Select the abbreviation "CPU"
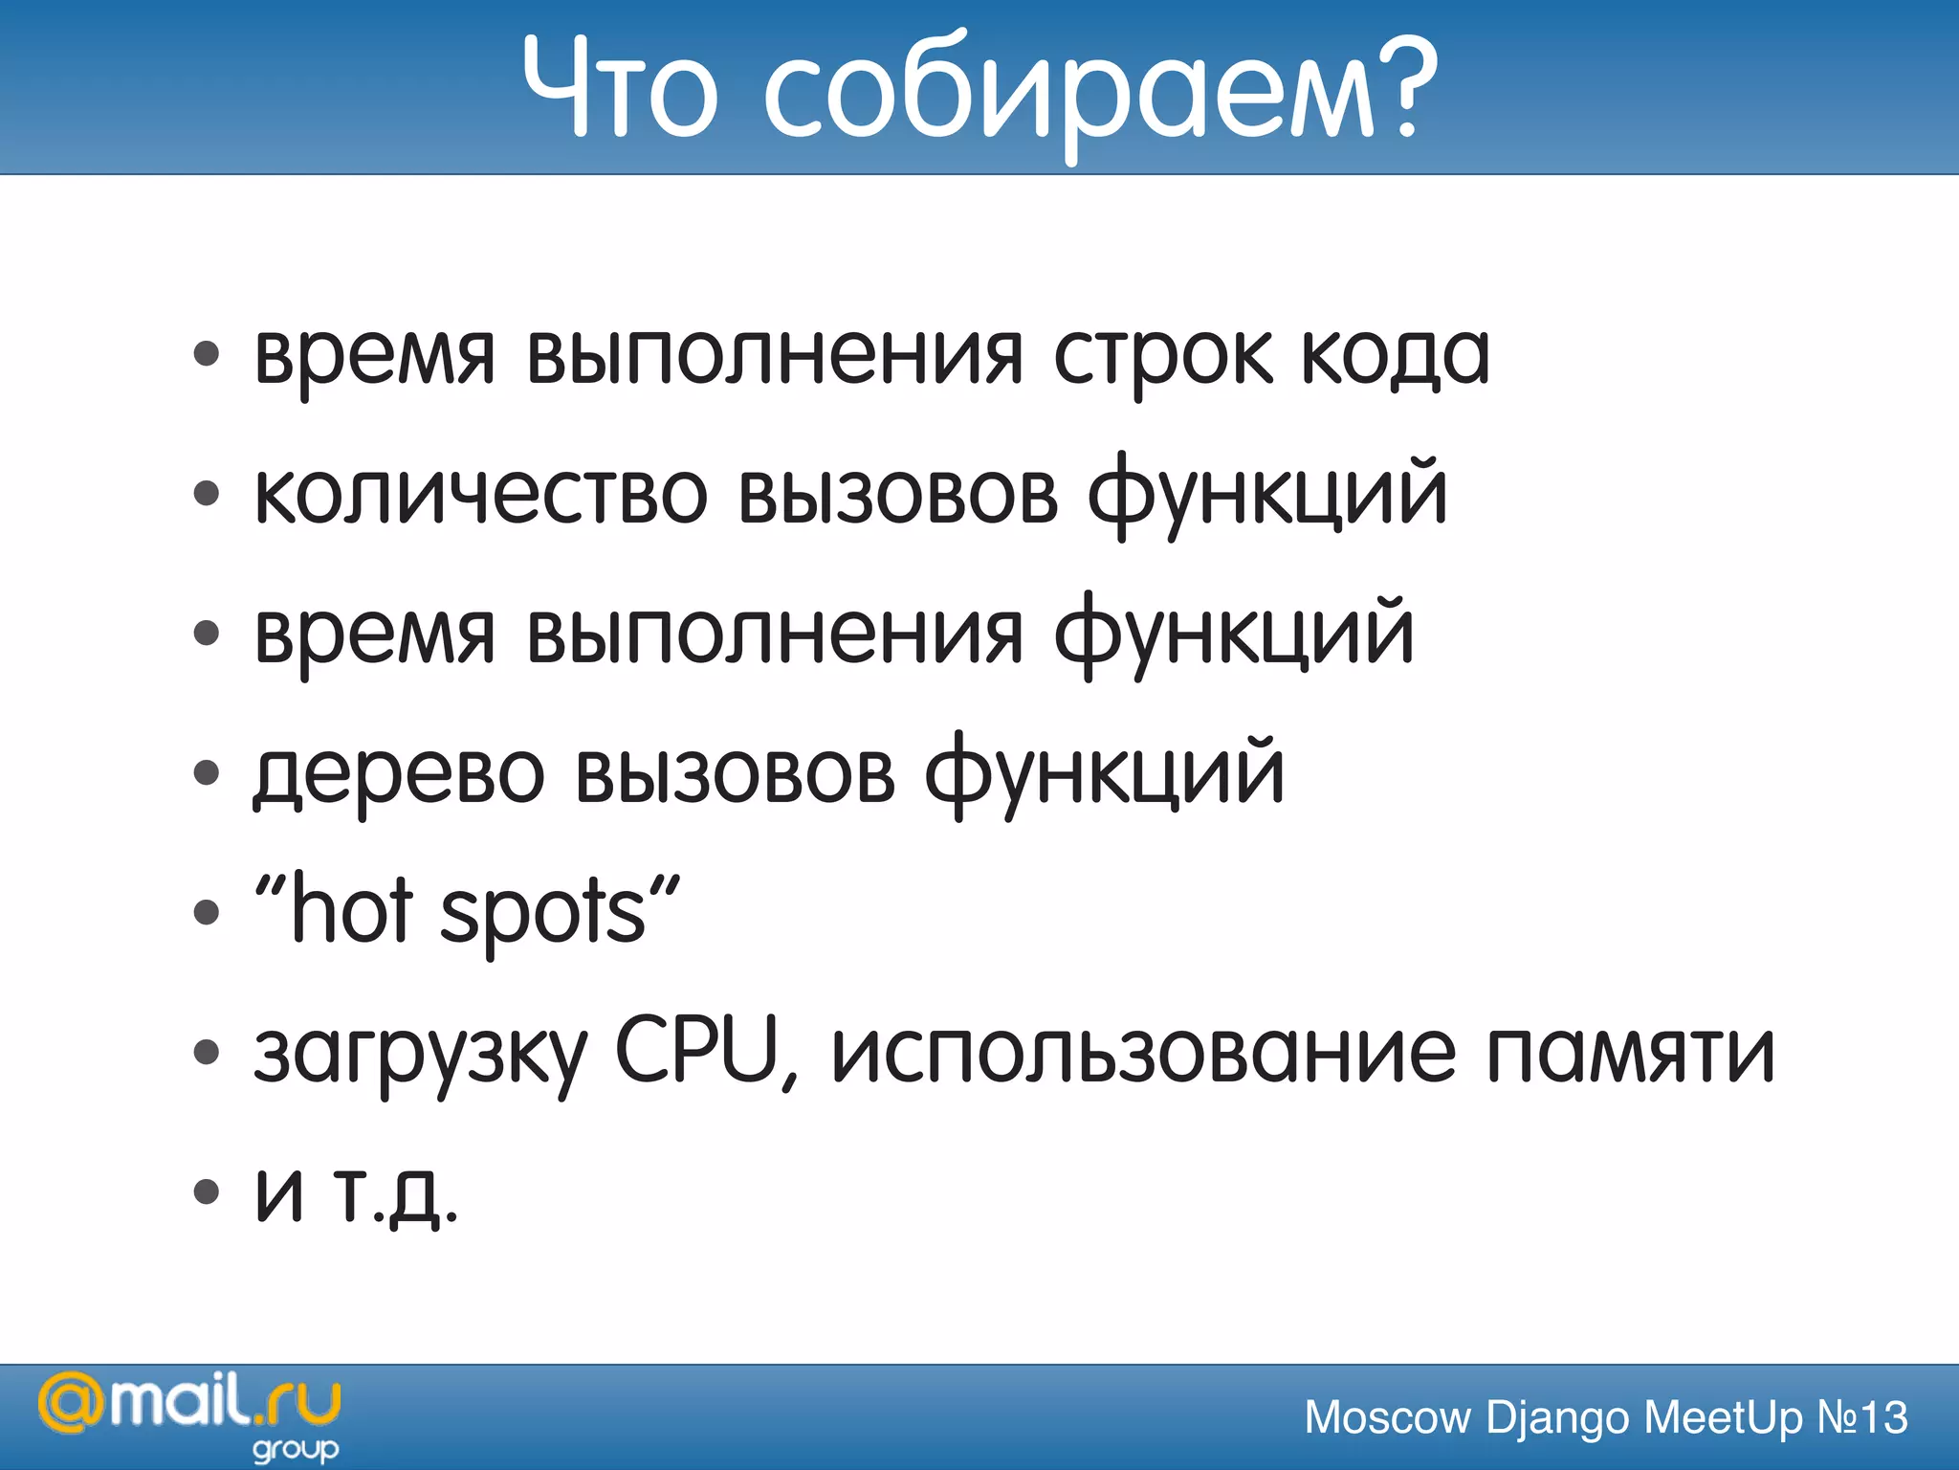click(696, 1051)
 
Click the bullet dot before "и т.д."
click(206, 1192)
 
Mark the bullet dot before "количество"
click(206, 494)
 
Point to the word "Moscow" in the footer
click(1387, 1418)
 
